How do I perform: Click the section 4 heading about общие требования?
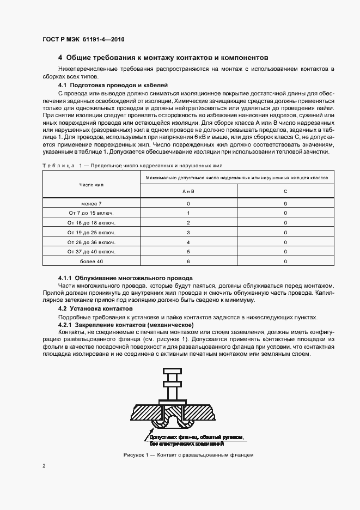coord(163,57)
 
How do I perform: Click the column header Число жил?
coord(91,185)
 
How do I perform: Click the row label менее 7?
coord(91,203)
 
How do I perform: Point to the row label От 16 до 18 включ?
coord(91,222)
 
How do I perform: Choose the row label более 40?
coord(91,261)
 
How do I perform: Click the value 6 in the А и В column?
coord(188,261)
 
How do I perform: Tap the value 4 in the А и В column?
coord(188,242)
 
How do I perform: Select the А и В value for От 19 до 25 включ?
coord(188,232)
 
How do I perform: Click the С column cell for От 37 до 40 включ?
coord(285,251)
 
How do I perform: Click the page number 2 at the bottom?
coord(44,466)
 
